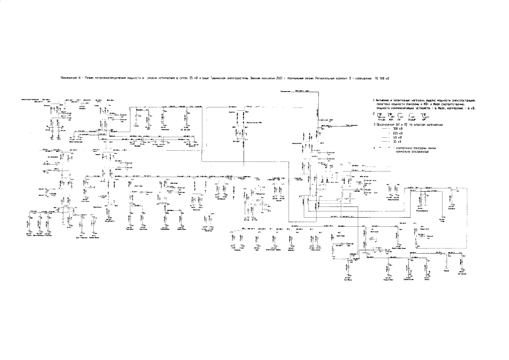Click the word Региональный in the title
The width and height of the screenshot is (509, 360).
click(x=326, y=78)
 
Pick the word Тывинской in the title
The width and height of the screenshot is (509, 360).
click(x=222, y=78)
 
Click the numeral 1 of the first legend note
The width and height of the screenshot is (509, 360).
click(x=373, y=100)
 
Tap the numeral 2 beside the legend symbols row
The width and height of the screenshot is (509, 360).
click(x=373, y=113)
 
